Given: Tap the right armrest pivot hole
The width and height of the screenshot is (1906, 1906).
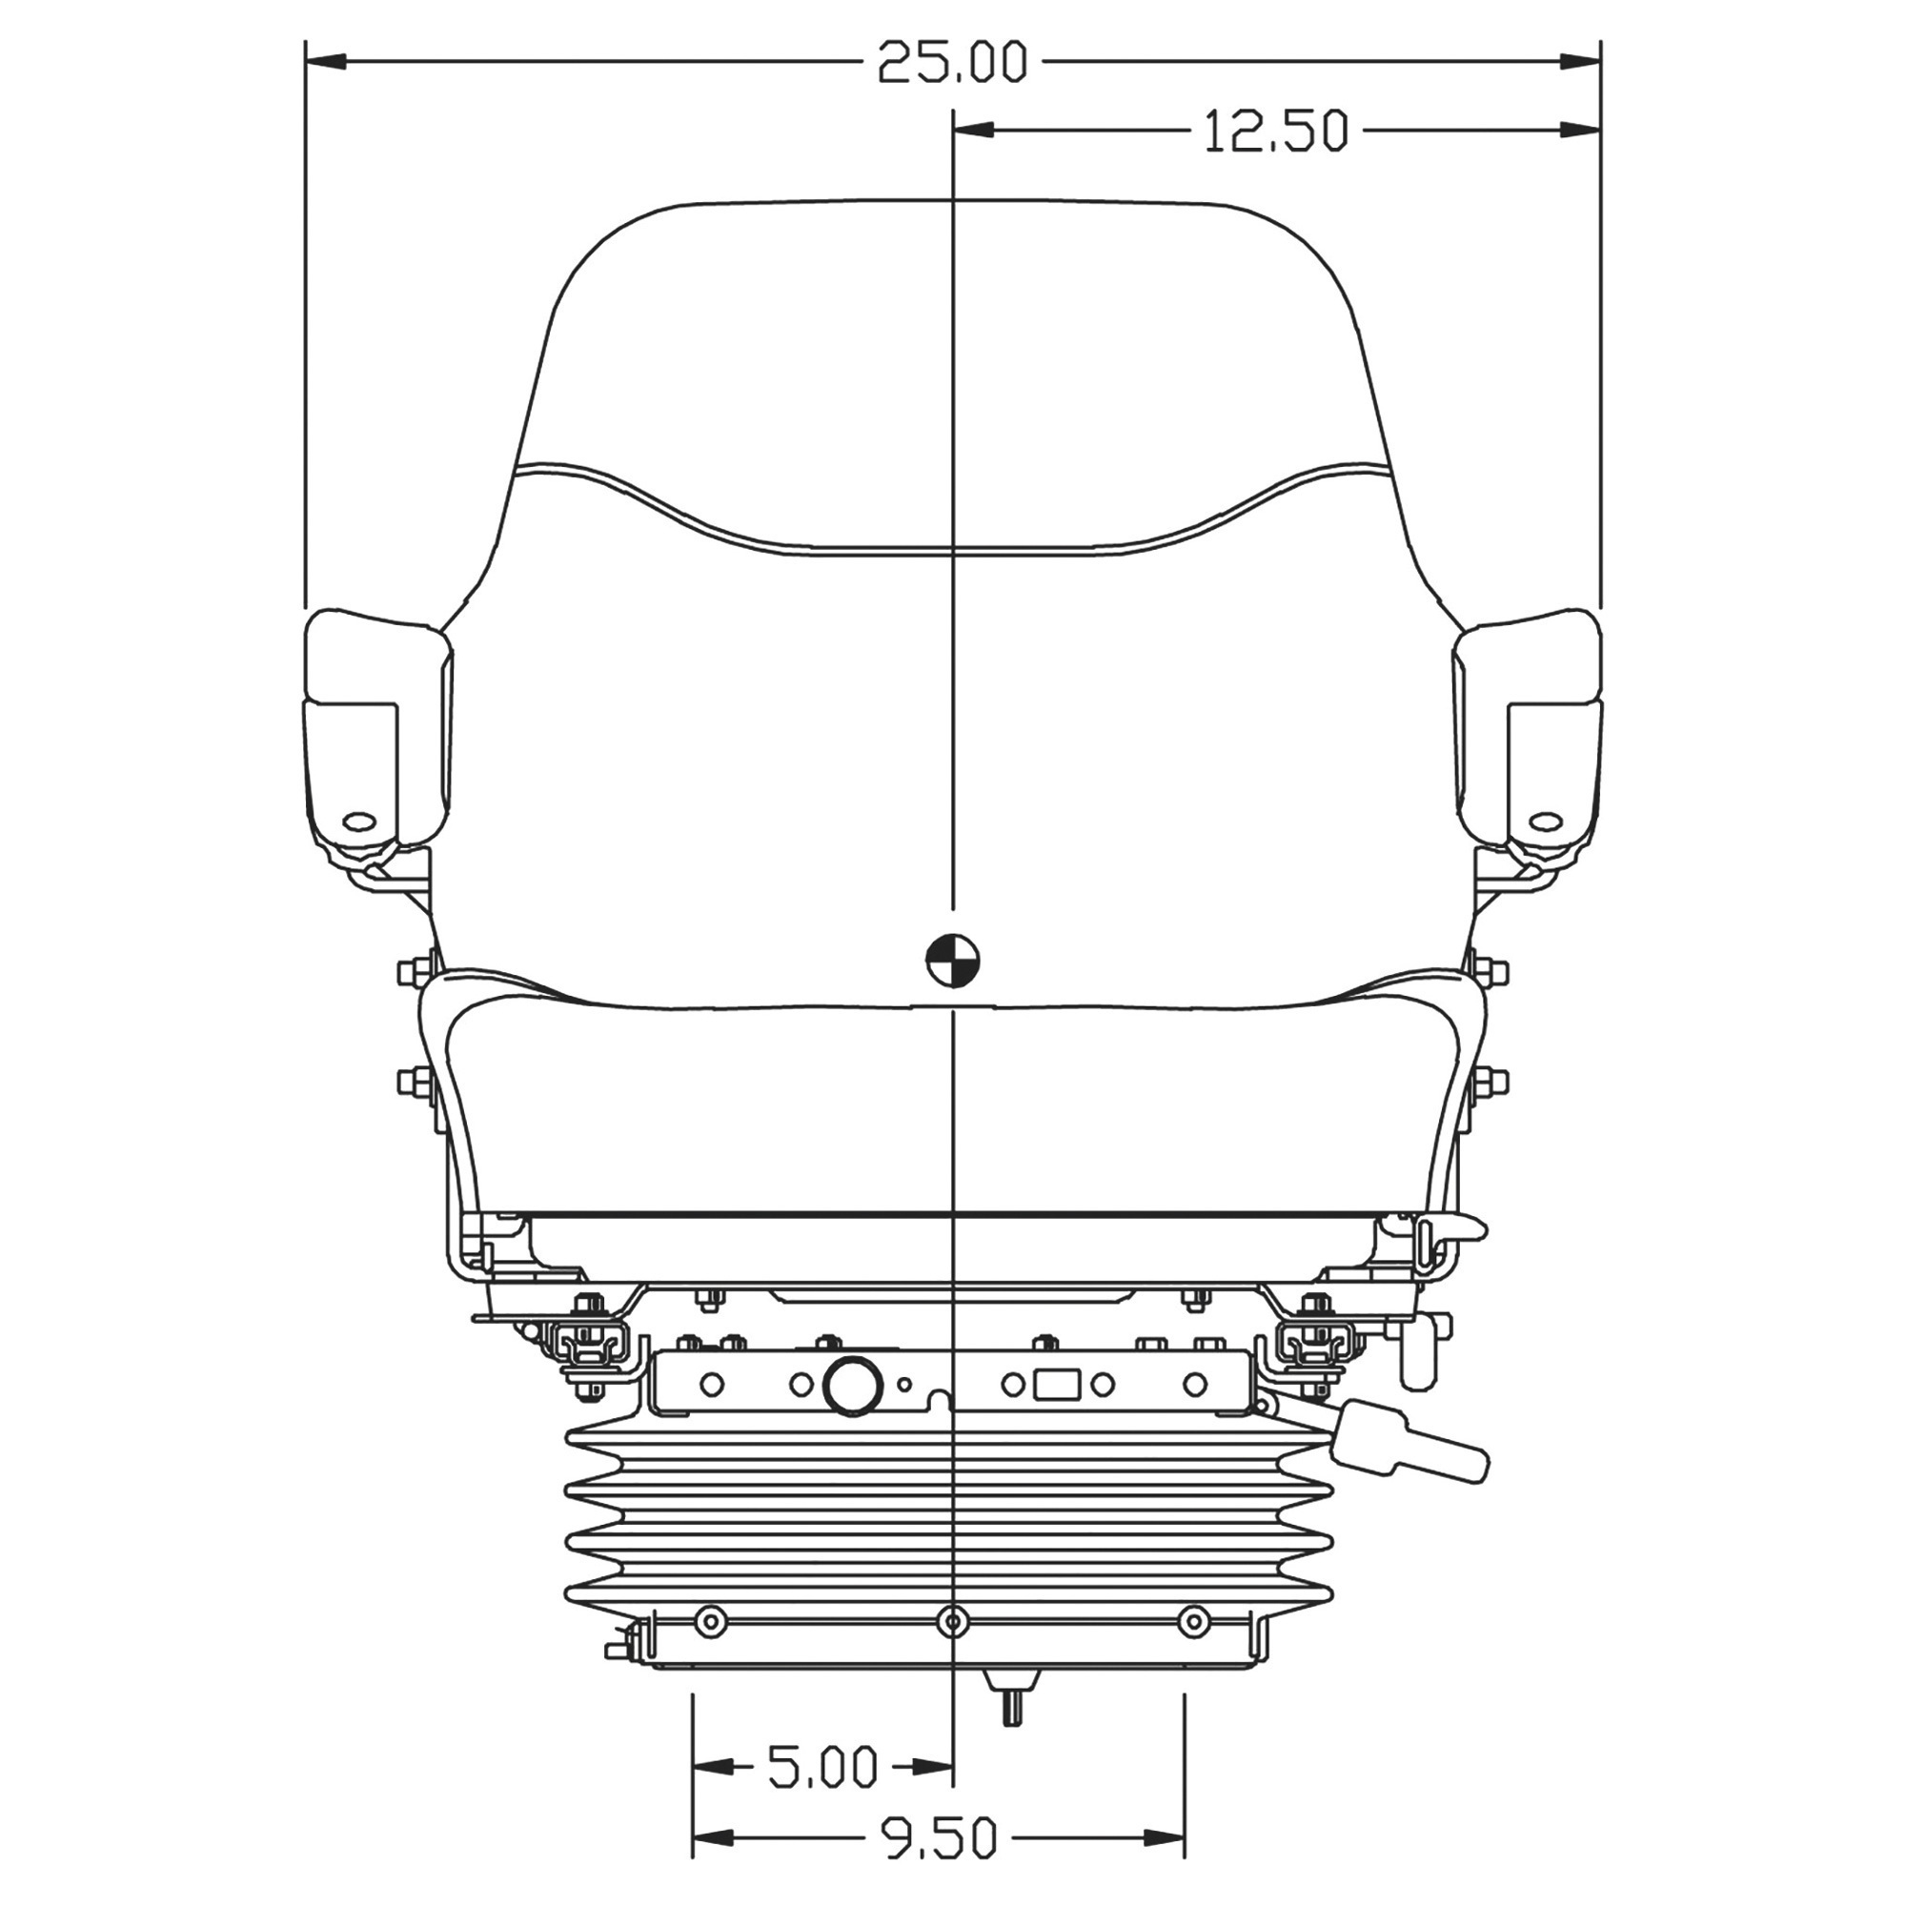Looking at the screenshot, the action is [x=1549, y=793].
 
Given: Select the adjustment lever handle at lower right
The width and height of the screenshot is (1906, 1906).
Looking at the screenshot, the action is [x=1409, y=1450].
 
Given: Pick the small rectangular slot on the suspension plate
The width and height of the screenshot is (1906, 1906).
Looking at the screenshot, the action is [x=1056, y=1385].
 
